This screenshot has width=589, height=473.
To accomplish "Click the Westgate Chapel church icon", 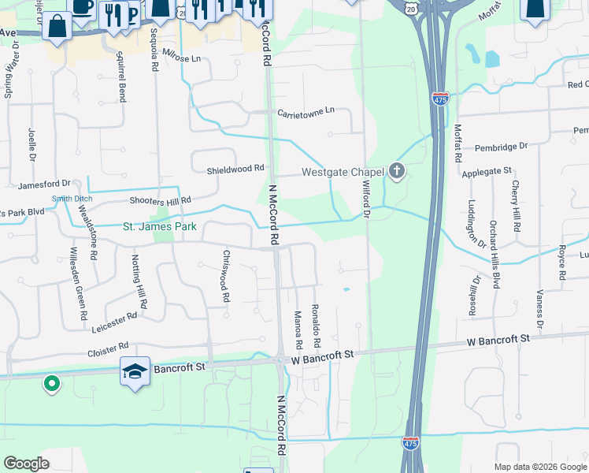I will click(397, 171).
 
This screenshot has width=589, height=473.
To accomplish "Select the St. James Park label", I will click(160, 227).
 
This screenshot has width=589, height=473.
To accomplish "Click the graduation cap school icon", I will click(135, 371).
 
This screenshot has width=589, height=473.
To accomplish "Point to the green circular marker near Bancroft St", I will click(51, 384).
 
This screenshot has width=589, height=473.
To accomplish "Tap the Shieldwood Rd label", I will click(235, 169).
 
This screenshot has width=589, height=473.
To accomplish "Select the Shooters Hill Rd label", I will click(160, 201).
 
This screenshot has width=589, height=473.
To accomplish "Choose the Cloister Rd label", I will click(108, 348).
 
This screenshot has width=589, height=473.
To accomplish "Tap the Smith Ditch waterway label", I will click(72, 199).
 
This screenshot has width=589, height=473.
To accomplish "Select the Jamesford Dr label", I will click(44, 184).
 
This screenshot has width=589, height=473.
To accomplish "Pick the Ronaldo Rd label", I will click(315, 327).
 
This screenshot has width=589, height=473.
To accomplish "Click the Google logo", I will click(27, 464).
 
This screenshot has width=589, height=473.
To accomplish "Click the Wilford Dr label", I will click(365, 194).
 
